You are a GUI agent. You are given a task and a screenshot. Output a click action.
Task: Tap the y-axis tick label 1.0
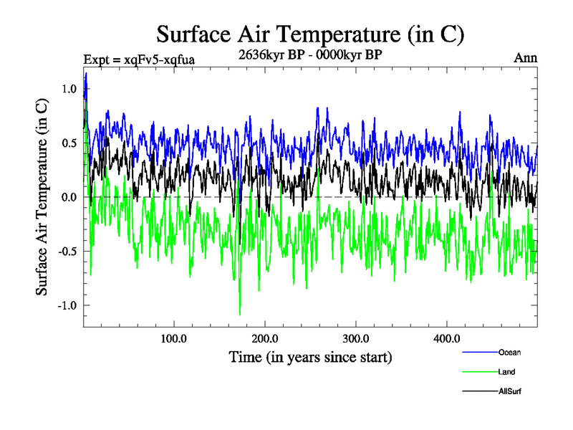click(68, 89)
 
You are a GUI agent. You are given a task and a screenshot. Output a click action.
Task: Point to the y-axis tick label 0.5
click(68, 143)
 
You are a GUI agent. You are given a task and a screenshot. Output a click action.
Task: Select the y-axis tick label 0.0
click(68, 197)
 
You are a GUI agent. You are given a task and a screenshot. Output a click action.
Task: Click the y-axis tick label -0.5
click(67, 251)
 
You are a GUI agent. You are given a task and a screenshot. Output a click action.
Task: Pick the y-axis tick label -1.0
click(67, 305)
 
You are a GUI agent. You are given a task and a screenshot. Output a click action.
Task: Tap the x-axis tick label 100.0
click(174, 338)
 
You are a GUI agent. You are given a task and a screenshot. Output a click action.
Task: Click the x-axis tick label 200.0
click(265, 338)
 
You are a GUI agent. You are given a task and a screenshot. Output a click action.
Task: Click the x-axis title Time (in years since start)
click(310, 356)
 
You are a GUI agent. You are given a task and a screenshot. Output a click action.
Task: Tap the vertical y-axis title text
click(43, 197)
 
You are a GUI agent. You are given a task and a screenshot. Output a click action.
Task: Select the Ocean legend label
click(509, 353)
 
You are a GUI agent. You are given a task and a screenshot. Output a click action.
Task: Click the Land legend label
click(506, 372)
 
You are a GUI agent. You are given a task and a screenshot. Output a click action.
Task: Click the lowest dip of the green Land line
click(239, 313)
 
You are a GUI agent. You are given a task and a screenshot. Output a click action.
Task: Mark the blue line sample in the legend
click(480, 353)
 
